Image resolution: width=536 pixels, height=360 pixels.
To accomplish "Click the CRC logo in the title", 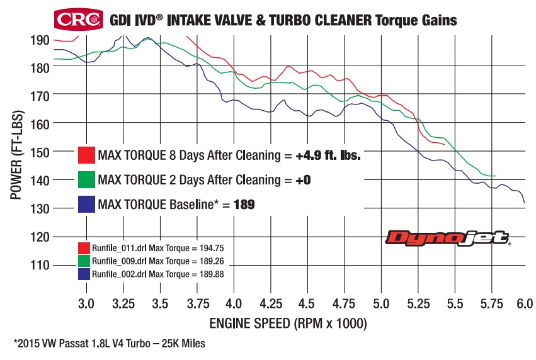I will point(79,19).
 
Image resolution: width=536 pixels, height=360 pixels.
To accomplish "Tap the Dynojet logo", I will point(448,239).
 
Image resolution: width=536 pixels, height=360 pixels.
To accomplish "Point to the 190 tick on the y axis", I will point(41,39).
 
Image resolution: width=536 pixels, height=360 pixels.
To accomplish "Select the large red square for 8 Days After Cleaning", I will point(86,155).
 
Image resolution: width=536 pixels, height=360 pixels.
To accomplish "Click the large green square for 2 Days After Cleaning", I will point(86,179).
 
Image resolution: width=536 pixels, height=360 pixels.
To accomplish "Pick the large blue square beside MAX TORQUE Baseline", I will point(86,205).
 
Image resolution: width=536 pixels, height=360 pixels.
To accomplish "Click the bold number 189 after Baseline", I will point(244,205).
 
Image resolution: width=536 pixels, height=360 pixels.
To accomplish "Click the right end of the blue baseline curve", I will point(524,202).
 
